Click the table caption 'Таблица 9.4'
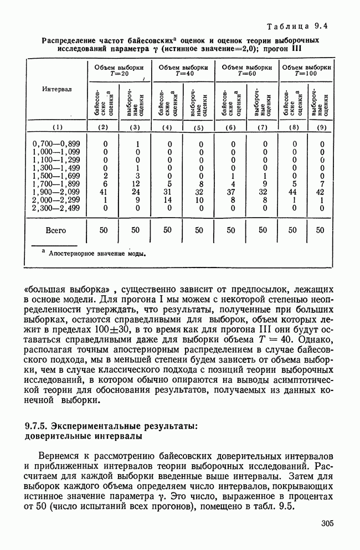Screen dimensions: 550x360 pyautogui.click(x=298, y=26)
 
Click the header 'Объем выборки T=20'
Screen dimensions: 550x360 pyautogui.click(x=120, y=70)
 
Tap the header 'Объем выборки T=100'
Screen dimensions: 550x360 pyautogui.click(x=307, y=70)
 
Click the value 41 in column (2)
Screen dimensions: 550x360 pyautogui.click(x=105, y=192)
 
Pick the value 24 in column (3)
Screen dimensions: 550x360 pyautogui.click(x=136, y=192)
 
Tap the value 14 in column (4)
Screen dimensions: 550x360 pyautogui.click(x=169, y=200)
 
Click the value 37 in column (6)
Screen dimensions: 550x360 pyautogui.click(x=233, y=192)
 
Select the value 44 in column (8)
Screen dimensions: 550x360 pyautogui.click(x=295, y=192)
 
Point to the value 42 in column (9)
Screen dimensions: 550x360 pyautogui.click(x=321, y=192)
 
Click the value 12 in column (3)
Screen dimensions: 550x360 pyautogui.click(x=136, y=184)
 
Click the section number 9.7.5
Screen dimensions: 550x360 pyautogui.click(x=37, y=426)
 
